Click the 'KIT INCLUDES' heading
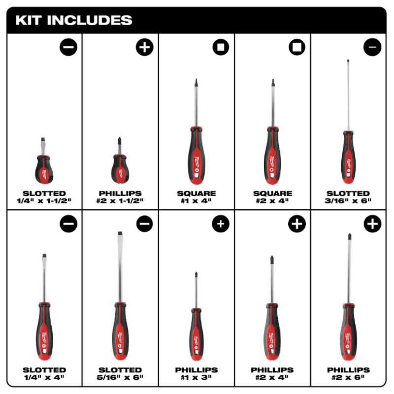click(74, 20)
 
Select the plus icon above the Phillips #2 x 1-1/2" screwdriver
click(144, 47)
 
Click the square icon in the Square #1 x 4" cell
click(221, 47)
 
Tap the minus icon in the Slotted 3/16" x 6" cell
click(372, 47)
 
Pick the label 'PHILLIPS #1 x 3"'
click(196, 373)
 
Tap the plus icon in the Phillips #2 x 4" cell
click(296, 224)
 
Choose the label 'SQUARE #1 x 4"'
click(196, 197)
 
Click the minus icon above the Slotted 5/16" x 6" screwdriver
click(144, 224)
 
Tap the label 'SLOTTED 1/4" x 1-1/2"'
click(44, 197)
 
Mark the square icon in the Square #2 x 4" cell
click(297, 47)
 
